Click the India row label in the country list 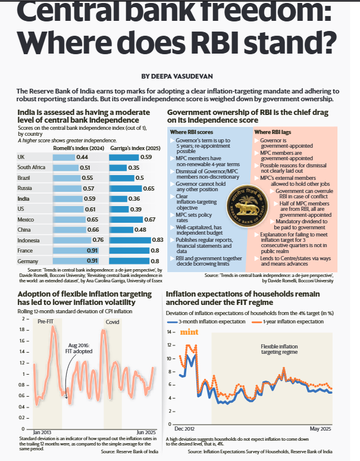pyautogui.click(x=24, y=198)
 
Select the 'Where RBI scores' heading pyautogui.click(x=192, y=132)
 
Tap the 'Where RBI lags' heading pyautogui.click(x=273, y=132)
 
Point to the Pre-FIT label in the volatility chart pyautogui.click(x=45, y=322)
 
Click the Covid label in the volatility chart pyautogui.click(x=112, y=322)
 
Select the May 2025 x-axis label pyautogui.click(x=320, y=429)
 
